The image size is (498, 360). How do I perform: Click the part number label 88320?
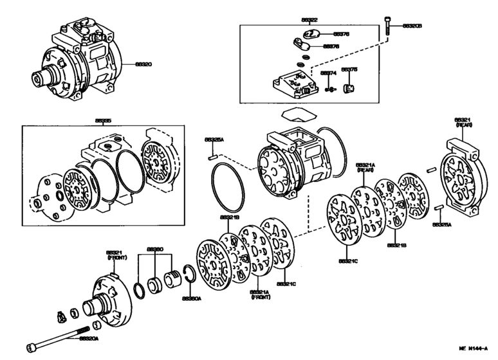tap(143, 64)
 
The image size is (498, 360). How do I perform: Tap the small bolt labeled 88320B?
tap(387, 25)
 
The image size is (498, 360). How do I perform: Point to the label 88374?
tap(328, 73)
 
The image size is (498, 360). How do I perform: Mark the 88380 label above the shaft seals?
tap(154, 248)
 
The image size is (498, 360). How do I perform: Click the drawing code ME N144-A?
tap(474, 348)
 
